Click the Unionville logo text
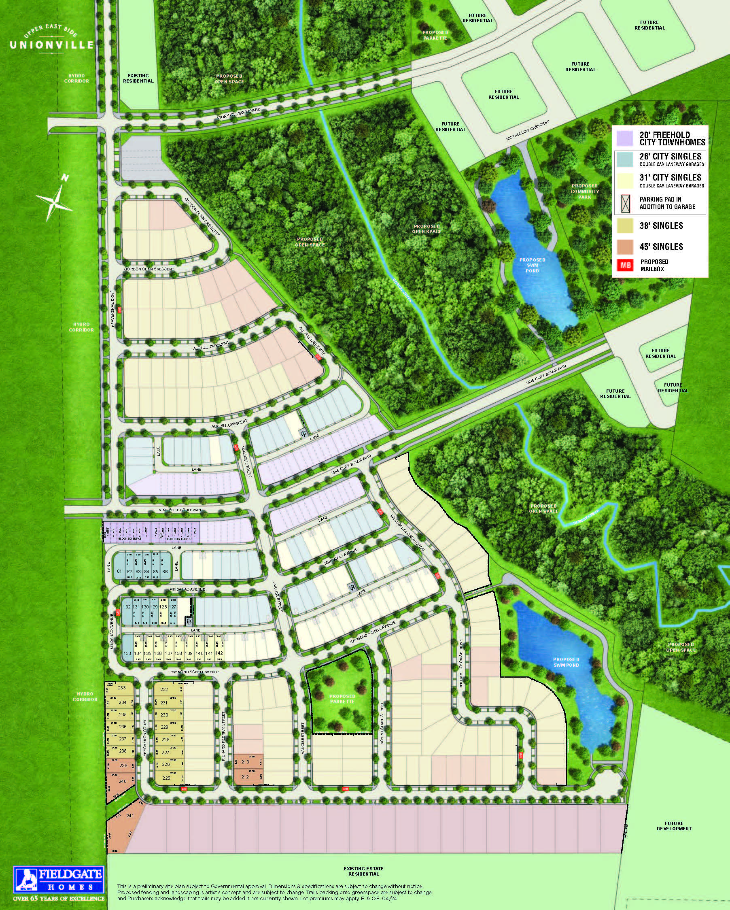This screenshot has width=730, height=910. [51, 44]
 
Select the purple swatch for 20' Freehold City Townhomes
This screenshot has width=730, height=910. [624, 138]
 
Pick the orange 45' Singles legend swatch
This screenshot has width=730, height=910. [624, 247]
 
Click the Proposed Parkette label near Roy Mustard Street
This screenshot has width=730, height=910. [342, 699]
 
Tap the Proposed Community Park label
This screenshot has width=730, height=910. [584, 191]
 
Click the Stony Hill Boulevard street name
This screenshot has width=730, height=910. [238, 115]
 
